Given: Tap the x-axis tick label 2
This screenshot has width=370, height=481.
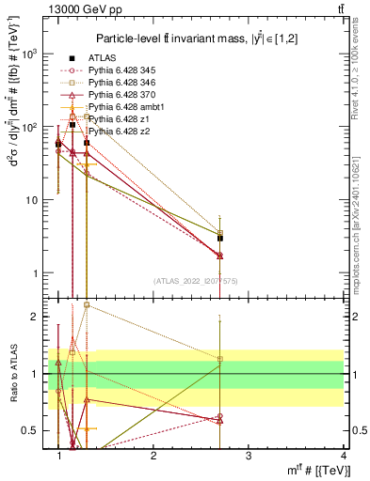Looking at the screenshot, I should (x=153, y=457).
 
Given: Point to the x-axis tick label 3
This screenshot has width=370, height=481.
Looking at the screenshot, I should (x=248, y=457).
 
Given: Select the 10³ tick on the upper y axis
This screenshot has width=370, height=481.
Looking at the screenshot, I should (x=31, y=54).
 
